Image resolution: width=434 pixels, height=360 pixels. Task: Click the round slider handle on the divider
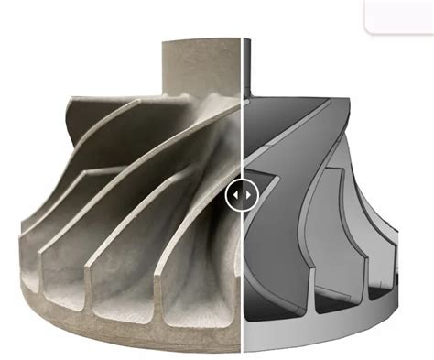pyautogui.click(x=243, y=195)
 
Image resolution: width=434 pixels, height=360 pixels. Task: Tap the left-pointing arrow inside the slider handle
pyautogui.click(x=236, y=195)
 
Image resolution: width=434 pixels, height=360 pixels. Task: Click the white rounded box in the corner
pyautogui.click(x=399, y=15)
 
